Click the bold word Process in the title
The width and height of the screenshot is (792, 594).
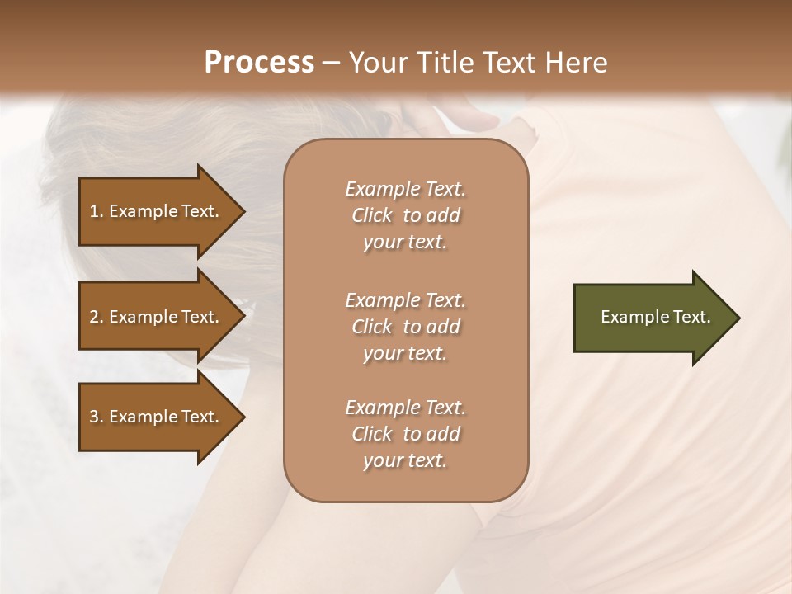[x=259, y=62]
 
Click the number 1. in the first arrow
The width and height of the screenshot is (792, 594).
[x=97, y=211]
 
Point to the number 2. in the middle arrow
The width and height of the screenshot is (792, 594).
[x=97, y=317]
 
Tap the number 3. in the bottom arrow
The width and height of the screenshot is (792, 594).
[x=97, y=417]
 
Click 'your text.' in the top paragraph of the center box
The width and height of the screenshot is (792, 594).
[x=405, y=243]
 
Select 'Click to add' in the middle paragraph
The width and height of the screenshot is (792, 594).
[x=405, y=327]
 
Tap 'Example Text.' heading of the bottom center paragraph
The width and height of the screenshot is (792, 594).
[x=405, y=408]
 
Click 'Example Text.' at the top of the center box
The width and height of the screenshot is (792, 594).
[x=405, y=189]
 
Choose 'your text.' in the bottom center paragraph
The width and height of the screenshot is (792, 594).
[x=405, y=461]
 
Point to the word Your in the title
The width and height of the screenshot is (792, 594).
[x=376, y=62]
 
